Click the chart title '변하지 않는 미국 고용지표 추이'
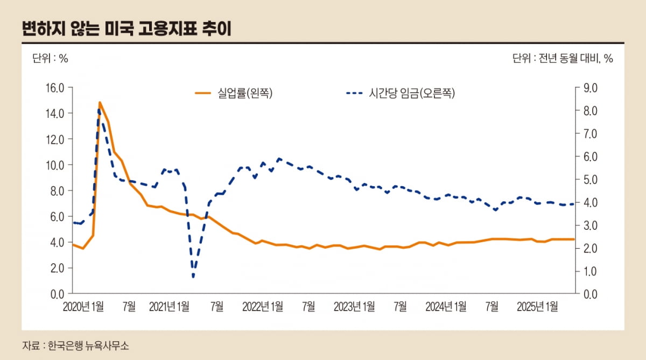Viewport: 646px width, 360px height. click(127, 28)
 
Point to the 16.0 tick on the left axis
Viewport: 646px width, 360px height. click(53, 88)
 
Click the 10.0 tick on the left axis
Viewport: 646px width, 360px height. click(53, 165)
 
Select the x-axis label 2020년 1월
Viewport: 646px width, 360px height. click(83, 307)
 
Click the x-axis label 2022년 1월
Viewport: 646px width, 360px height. click(263, 307)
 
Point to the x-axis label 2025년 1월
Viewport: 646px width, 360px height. click(537, 307)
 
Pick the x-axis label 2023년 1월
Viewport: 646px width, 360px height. click(354, 307)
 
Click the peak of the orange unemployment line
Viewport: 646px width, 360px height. click(100, 102)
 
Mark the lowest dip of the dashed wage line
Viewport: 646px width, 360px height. click(193, 277)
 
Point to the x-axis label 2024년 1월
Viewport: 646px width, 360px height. click(446, 307)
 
